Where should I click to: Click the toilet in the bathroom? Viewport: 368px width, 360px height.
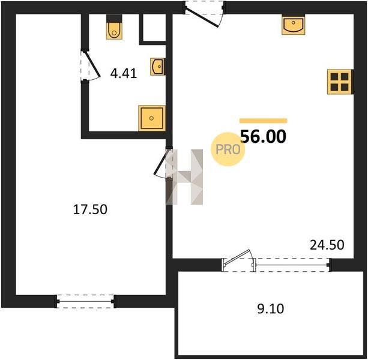coord(114,27)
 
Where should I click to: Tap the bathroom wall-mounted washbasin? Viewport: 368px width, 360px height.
coord(158,67)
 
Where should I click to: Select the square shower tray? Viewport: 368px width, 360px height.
coord(152,118)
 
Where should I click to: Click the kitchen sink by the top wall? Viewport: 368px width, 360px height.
coord(294,25)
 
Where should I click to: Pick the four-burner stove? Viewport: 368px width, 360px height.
coord(340,82)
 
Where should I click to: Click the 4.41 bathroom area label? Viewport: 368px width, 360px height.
coord(124,73)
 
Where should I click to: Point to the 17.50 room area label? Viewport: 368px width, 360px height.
coord(90,209)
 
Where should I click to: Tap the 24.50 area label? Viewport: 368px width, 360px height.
coord(327,245)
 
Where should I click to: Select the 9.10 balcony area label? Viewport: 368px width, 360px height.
coord(271,308)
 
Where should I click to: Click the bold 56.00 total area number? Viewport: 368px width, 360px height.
coord(264,136)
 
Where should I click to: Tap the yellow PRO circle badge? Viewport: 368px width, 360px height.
coord(228,149)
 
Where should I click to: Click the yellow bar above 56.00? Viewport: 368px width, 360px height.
coord(264,121)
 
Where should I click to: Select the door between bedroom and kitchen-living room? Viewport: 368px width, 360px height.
coord(163,163)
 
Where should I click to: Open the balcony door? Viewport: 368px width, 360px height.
coord(239,260)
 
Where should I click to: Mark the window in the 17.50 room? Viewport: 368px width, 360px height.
coord(85,301)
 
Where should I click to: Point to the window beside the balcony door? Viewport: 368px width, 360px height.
coord(292,265)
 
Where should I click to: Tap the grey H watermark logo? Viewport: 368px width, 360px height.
coord(184,177)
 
